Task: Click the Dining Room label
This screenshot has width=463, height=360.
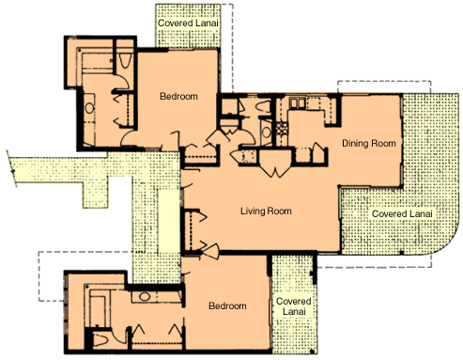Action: click(x=369, y=143)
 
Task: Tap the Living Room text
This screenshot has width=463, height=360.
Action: click(x=266, y=211)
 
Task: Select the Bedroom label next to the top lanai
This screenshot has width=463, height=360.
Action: click(x=178, y=96)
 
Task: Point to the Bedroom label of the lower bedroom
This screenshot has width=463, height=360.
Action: click(x=227, y=305)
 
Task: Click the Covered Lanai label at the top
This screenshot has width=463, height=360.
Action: click(x=188, y=23)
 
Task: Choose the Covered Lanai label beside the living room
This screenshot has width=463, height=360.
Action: click(x=402, y=214)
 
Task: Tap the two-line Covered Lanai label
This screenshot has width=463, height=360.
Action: click(x=294, y=306)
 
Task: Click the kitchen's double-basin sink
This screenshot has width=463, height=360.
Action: click(x=297, y=102)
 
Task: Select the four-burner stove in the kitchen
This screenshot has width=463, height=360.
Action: click(x=282, y=129)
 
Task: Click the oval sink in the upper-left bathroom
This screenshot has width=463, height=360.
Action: click(x=89, y=108)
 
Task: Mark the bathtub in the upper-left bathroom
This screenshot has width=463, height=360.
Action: click(x=97, y=64)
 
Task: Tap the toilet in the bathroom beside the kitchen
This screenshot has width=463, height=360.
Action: click(x=263, y=106)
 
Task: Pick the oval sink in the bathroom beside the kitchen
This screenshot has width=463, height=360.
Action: click(x=267, y=133)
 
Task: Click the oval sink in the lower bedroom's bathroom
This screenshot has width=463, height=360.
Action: click(x=145, y=296)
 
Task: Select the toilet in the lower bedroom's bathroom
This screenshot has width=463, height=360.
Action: click(x=100, y=340)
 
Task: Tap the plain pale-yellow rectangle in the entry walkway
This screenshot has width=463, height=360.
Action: click(x=168, y=221)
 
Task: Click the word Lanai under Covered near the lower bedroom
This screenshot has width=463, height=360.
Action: click(x=294, y=311)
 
